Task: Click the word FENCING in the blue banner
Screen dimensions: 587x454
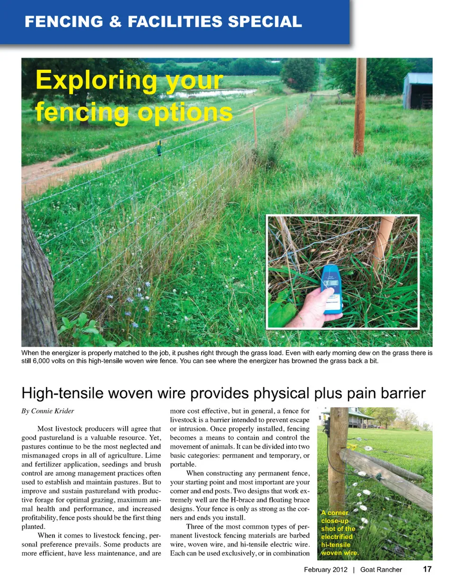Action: tap(64, 22)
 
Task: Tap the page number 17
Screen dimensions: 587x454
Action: tap(427, 569)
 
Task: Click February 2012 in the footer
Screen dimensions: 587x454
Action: tap(325, 570)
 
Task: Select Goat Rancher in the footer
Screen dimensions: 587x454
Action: tap(381, 570)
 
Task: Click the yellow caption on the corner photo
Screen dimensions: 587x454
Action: tap(339, 533)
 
